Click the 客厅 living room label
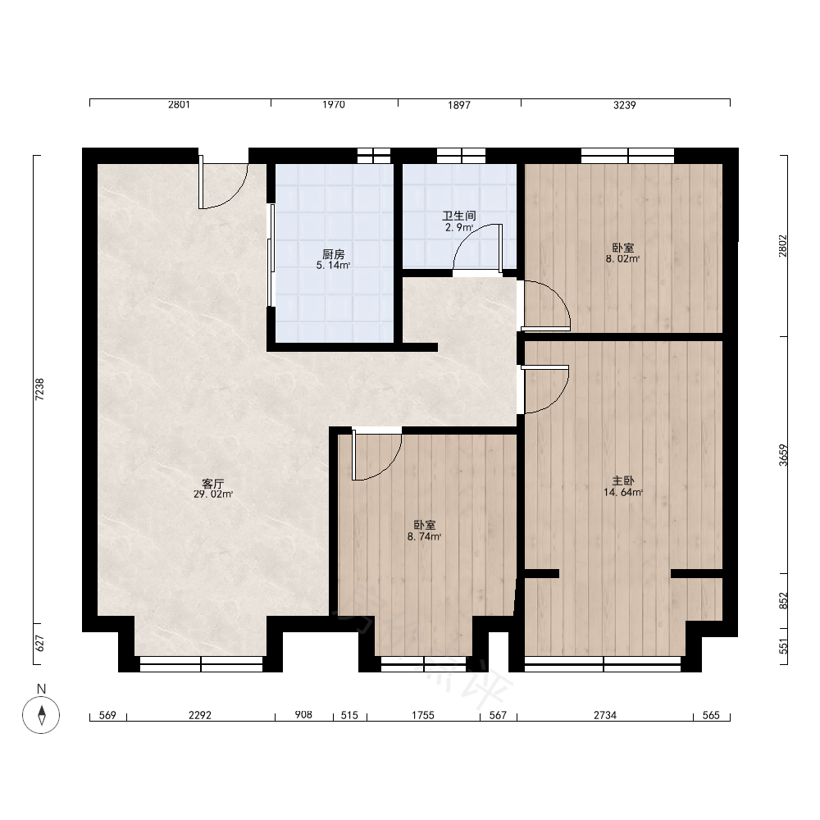point(213,483)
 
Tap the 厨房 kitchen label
point(333,255)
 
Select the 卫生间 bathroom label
point(459,216)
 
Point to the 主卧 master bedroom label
point(623,481)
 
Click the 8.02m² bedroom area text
point(623,258)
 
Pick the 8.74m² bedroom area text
point(424,536)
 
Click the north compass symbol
point(41,715)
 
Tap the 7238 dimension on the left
point(39,389)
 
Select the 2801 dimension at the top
point(179,105)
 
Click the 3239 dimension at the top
point(624,105)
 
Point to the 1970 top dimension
point(334,105)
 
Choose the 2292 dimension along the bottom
point(200,715)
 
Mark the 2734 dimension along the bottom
point(605,715)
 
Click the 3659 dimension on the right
point(783,455)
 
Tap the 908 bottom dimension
point(303,714)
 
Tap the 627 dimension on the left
point(39,644)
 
